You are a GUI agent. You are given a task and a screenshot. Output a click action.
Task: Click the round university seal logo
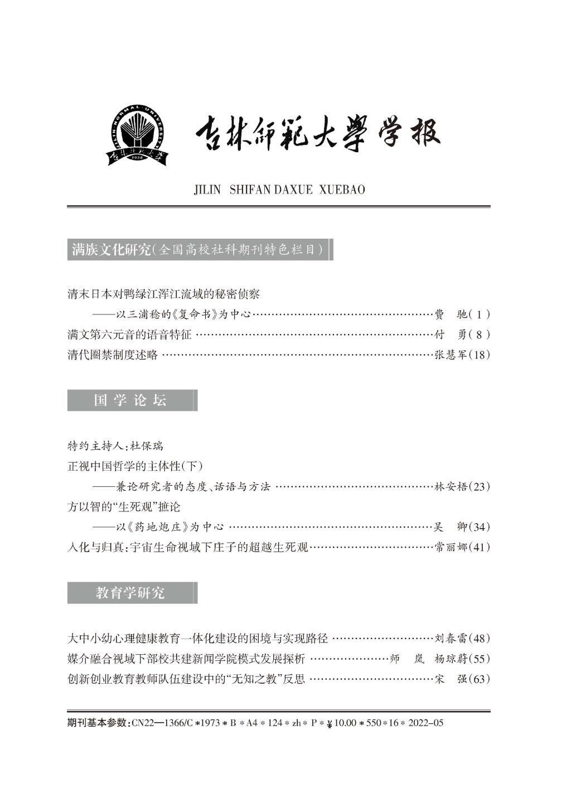point(136,134)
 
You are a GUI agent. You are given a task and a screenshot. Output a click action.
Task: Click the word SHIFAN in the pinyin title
point(250,190)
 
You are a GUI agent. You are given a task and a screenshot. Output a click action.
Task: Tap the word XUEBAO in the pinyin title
point(342,190)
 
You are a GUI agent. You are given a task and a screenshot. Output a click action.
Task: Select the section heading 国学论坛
point(130,400)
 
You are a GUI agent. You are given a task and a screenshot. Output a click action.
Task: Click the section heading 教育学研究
point(130,593)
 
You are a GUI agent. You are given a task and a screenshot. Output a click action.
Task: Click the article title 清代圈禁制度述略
point(113,355)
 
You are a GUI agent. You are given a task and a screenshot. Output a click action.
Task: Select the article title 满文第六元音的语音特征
point(129,335)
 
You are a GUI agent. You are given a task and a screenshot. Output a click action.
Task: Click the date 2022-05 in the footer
point(426,723)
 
